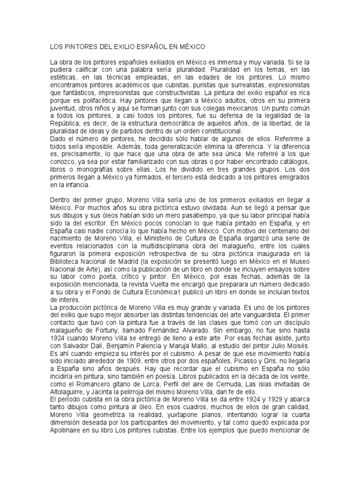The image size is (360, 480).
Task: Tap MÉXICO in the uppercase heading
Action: (189, 47)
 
